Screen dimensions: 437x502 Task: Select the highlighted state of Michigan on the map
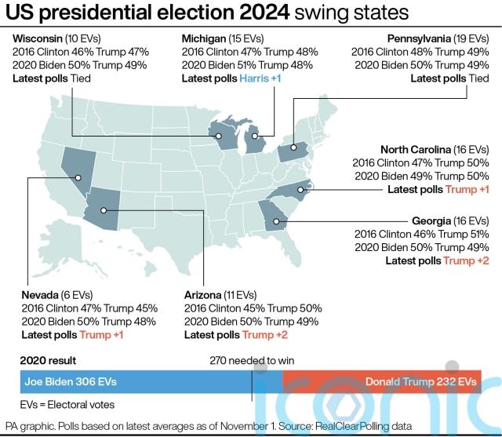254,142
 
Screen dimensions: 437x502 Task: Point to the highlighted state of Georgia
277,213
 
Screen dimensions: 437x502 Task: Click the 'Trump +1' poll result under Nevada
102,335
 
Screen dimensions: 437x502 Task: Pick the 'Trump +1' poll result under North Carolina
467,190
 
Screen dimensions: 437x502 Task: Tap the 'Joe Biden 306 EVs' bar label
71,381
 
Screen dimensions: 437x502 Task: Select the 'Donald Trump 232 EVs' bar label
420,381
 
